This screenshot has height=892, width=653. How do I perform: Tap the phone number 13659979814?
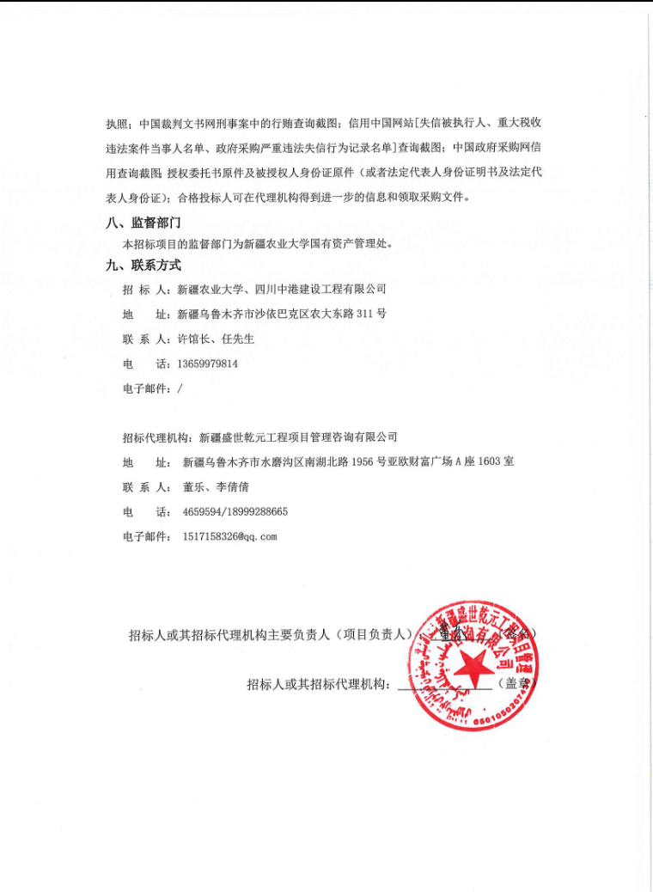pyautogui.click(x=207, y=364)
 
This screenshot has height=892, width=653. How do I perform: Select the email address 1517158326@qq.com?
pyautogui.click(x=230, y=536)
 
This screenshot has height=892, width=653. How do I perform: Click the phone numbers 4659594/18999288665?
pyautogui.click(x=235, y=511)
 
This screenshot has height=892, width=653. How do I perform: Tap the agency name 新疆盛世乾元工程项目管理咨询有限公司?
pyautogui.click(x=298, y=437)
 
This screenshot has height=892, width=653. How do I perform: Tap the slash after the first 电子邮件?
pyautogui.click(x=180, y=388)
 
